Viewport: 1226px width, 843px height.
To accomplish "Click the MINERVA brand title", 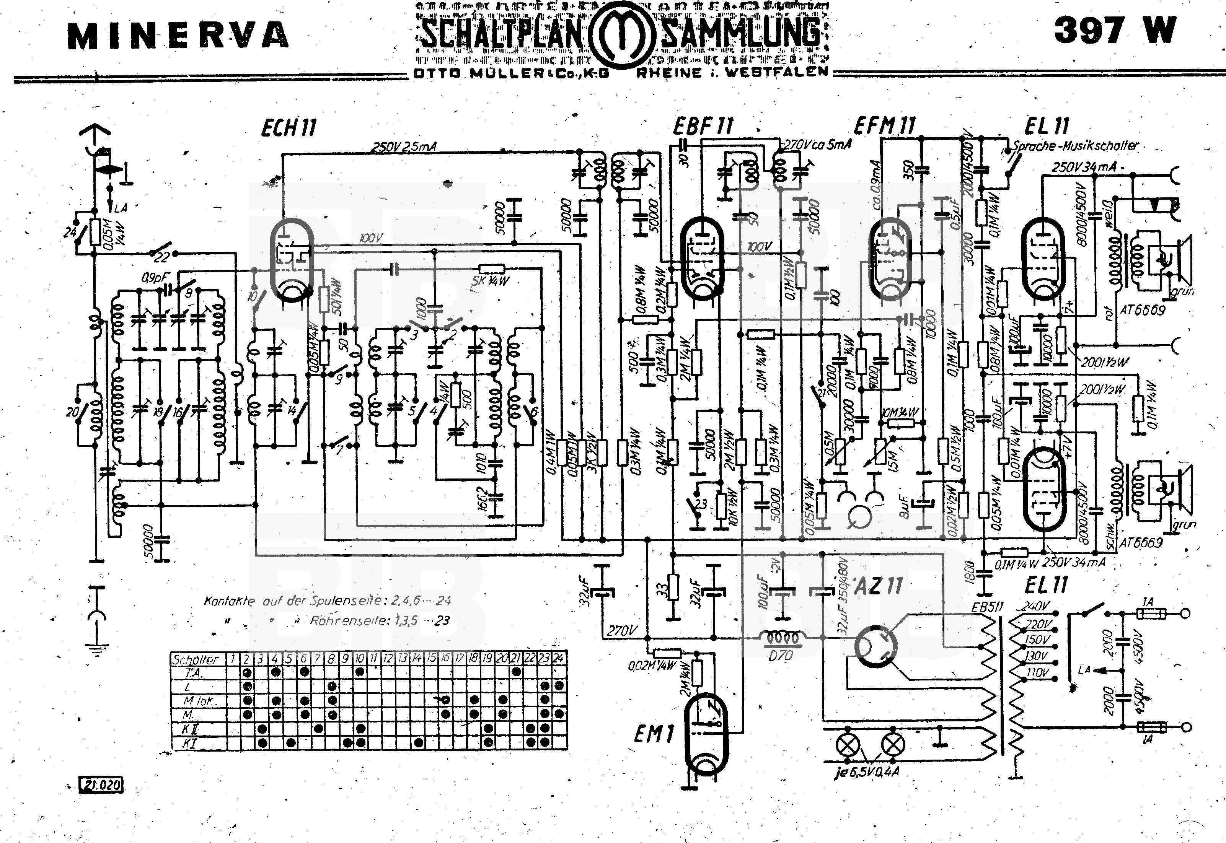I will (x=178, y=36).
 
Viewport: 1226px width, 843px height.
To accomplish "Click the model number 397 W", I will (x=1115, y=31).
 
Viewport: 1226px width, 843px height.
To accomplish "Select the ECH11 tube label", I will (x=289, y=129).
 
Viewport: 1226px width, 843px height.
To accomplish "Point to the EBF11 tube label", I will (x=703, y=126).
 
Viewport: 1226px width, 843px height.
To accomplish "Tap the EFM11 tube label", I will (x=885, y=126).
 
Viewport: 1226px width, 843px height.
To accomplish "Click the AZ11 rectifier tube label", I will (x=878, y=586).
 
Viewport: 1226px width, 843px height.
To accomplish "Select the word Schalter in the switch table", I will (x=196, y=659).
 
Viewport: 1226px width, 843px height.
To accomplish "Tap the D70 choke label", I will (x=781, y=656).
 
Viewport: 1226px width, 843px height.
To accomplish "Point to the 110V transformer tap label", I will (x=1036, y=673).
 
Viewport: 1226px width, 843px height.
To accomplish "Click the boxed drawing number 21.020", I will (x=101, y=785).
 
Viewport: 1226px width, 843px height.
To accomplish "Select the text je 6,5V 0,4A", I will (x=867, y=773).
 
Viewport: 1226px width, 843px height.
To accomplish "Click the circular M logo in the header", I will (x=621, y=36).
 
